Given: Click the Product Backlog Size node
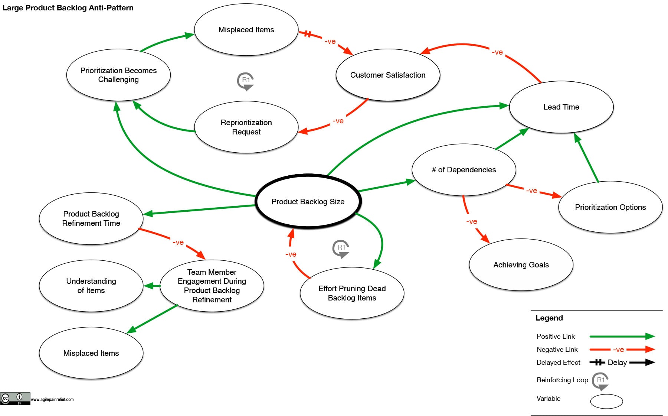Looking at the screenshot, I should [308, 201].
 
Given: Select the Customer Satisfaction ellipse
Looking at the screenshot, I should [388, 75].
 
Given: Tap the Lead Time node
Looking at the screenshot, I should [561, 107].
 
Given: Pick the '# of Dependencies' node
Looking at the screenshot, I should [464, 170].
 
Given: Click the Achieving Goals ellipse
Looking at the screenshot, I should [521, 265].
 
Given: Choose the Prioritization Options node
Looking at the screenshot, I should [610, 207].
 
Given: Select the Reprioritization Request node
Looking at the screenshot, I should [246, 127].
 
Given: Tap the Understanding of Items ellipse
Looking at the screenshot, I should [91, 286].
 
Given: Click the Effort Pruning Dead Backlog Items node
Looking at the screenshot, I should [352, 293].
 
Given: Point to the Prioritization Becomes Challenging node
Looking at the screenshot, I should [118, 75].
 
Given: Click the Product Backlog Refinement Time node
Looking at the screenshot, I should [91, 218].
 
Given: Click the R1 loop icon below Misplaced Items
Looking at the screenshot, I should [246, 81].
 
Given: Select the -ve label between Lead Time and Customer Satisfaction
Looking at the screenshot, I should [497, 52].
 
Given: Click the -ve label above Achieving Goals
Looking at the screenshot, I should [472, 222].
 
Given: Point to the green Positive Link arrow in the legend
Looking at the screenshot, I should [622, 337].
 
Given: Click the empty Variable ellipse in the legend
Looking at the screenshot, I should [606, 402].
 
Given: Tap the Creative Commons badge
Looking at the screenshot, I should [15, 399].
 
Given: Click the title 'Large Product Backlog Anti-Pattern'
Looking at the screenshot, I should [68, 8].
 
